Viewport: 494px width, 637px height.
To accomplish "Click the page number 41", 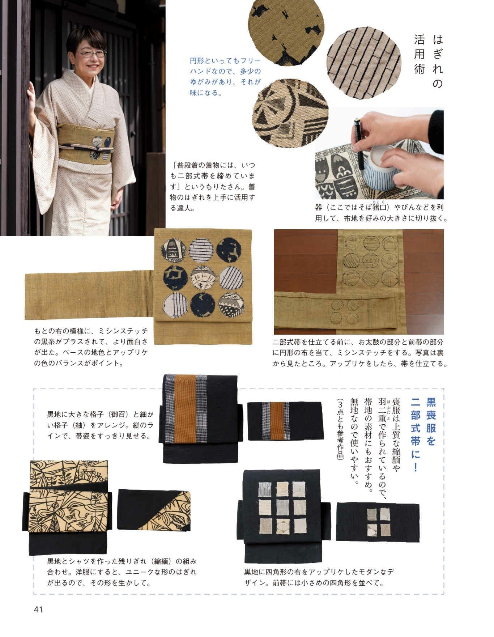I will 38,609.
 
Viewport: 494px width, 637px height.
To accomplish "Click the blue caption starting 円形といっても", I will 225,77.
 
